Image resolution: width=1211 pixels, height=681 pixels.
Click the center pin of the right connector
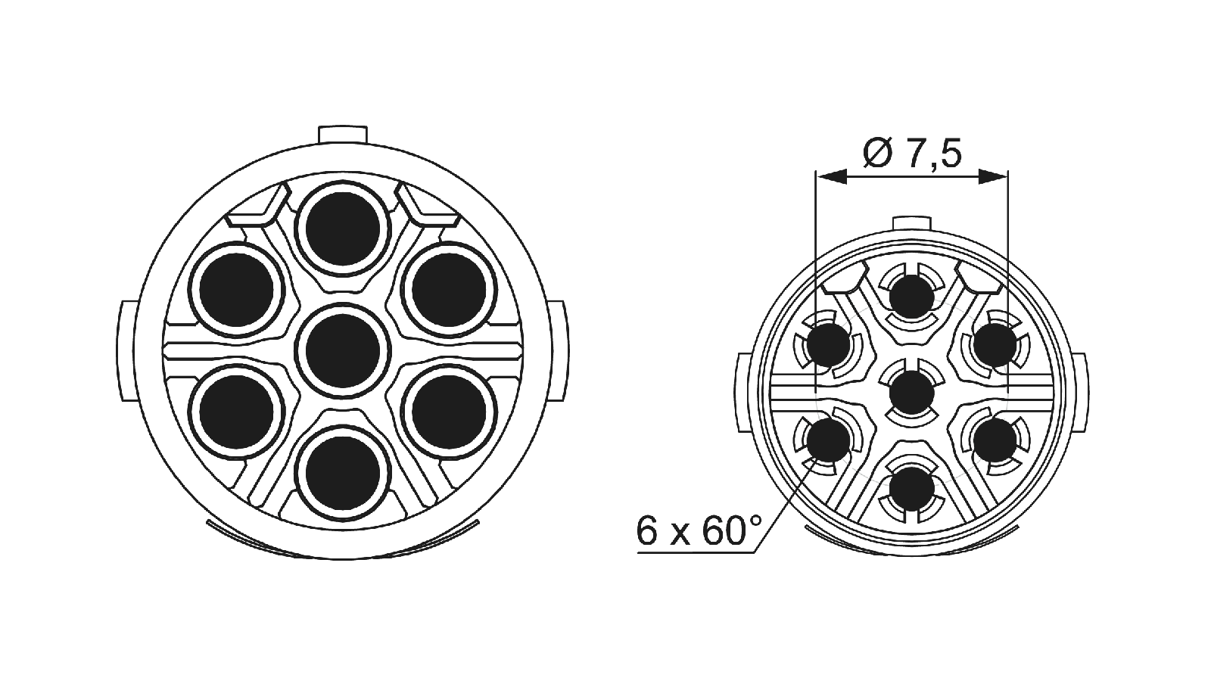click(911, 393)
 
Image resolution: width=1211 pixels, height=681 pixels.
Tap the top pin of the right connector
click(911, 297)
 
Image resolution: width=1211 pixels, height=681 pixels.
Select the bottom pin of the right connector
click(911, 489)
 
